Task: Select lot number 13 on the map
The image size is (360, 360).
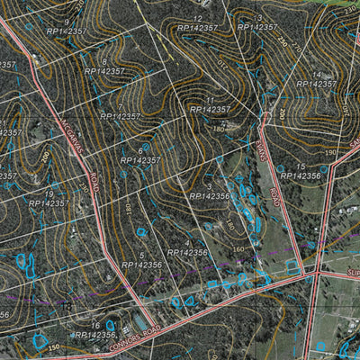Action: point(258,18)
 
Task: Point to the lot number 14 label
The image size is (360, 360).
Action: point(316,75)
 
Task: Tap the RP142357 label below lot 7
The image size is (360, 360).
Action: point(121,117)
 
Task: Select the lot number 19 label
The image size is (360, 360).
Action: point(49,193)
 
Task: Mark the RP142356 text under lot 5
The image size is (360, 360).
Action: point(142,265)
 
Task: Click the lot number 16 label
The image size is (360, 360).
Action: point(95,326)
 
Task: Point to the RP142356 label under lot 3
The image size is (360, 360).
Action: point(210,195)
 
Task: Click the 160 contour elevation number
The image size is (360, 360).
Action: point(238,249)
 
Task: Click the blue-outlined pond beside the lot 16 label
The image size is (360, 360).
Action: point(111,325)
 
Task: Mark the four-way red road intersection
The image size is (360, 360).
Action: point(318,269)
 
